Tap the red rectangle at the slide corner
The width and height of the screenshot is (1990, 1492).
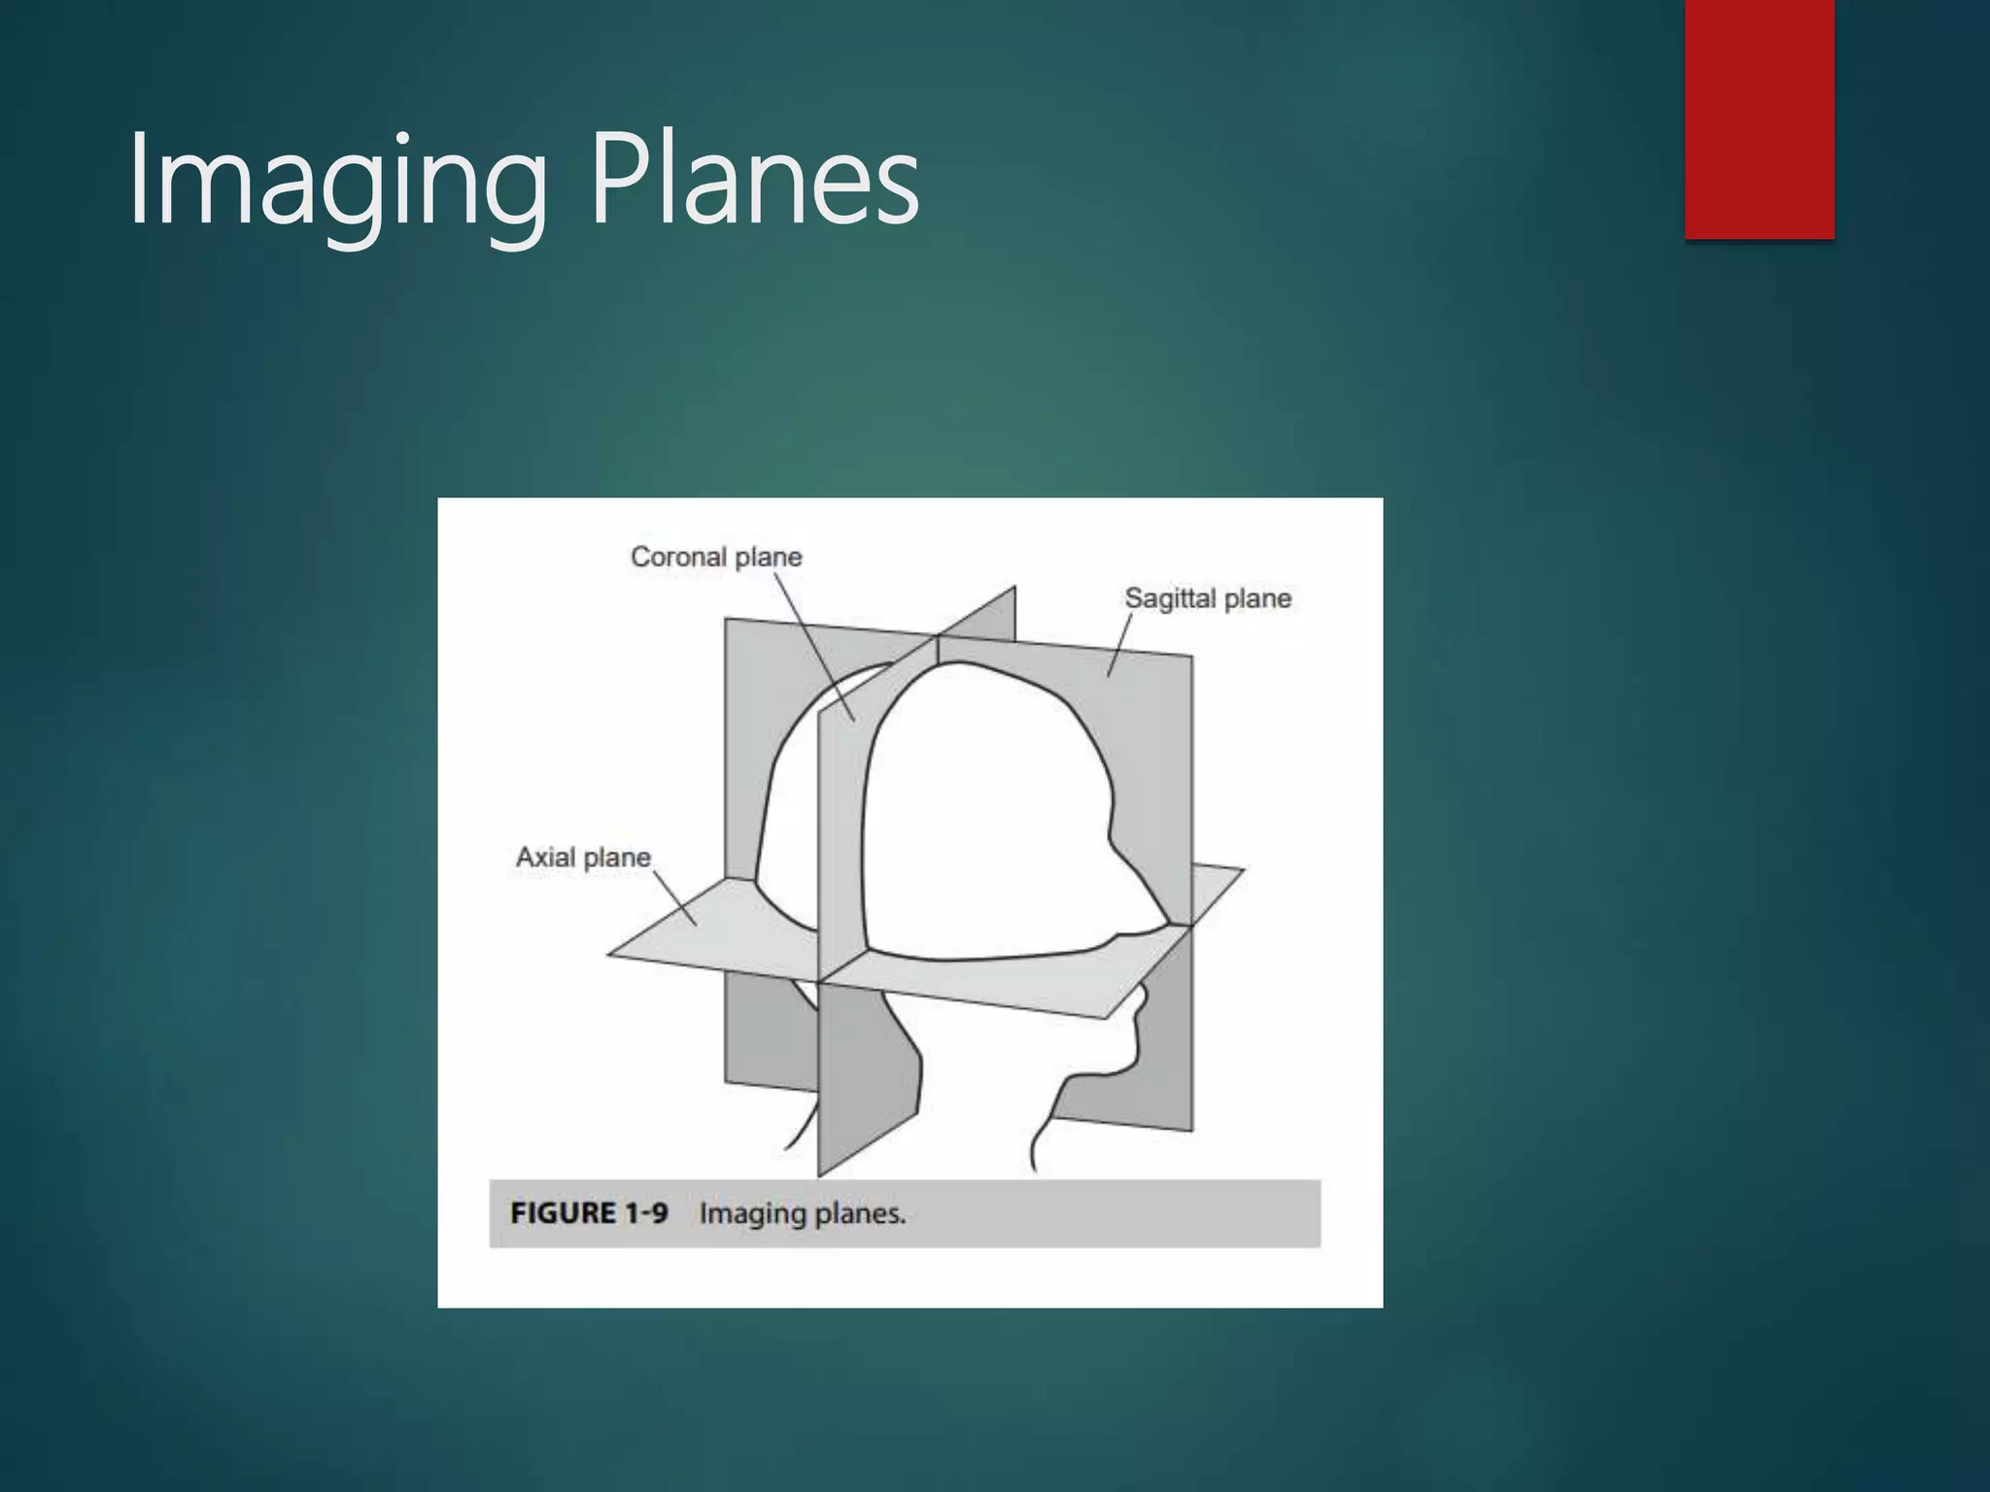1759,119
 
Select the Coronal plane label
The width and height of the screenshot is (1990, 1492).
716,557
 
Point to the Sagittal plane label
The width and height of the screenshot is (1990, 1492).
1208,598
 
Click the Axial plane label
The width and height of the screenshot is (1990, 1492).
583,857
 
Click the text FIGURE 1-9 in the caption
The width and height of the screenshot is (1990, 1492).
589,1213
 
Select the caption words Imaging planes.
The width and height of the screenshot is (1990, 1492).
803,1213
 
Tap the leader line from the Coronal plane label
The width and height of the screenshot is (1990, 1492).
814,647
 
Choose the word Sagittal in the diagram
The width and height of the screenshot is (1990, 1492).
1170,598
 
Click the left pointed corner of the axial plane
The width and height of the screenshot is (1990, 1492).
610,954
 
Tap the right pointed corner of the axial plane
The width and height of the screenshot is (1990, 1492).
1242,870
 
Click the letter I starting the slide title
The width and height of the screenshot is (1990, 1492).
137,182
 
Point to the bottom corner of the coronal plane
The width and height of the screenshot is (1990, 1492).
820,1173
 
